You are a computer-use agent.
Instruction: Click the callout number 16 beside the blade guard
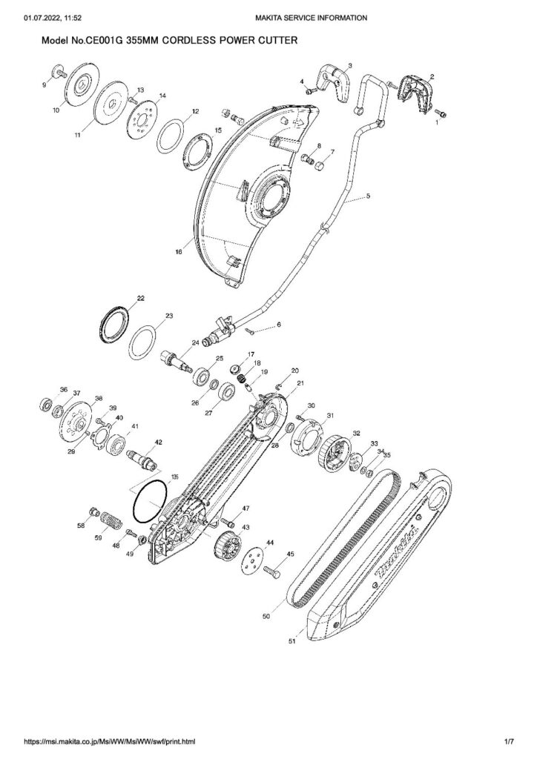178,253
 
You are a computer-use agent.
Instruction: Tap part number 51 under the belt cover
291,643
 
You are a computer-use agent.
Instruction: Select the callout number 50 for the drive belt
266,616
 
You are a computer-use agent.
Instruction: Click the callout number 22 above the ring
140,298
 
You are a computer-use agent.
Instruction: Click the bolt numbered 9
57,72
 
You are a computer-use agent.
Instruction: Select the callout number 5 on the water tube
368,197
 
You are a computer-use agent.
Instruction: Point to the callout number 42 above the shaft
157,442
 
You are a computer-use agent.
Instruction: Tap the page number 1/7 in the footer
509,741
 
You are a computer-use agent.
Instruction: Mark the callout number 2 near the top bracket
432,76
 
